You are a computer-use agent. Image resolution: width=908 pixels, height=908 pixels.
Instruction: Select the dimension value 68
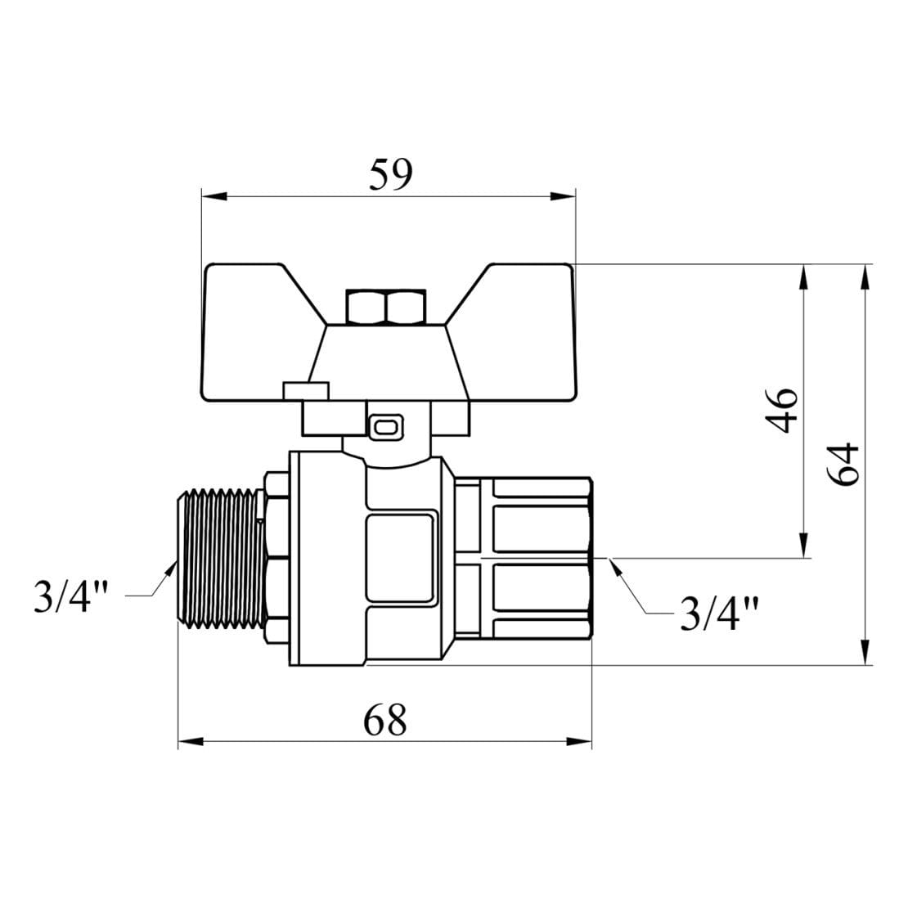click(385, 720)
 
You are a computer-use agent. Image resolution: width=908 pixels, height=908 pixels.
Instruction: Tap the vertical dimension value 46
click(782, 411)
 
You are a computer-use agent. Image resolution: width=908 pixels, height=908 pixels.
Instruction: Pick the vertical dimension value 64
click(843, 465)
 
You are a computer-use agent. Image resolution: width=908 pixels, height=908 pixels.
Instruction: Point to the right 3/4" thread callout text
click(718, 613)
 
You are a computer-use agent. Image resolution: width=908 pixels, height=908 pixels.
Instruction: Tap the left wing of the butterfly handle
click(261, 332)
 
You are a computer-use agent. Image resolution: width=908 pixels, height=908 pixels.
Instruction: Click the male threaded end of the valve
click(222, 558)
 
